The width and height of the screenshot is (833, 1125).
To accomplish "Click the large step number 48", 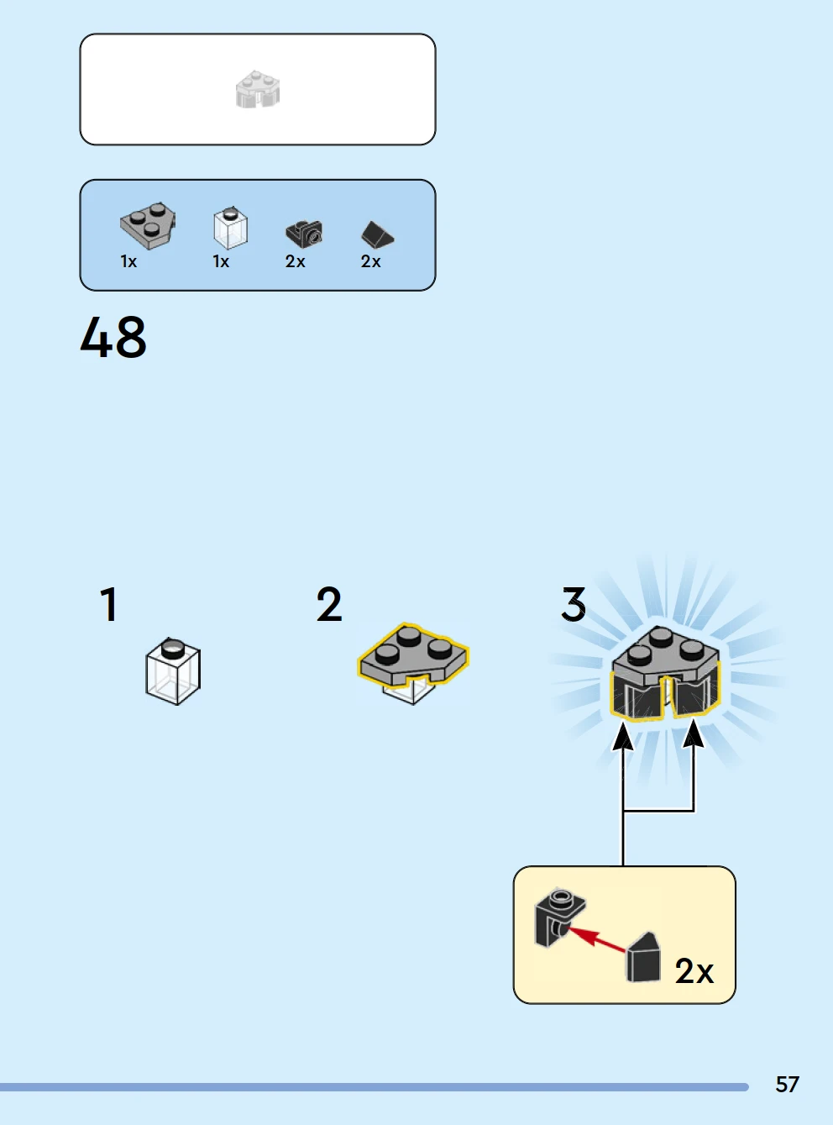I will pyautogui.click(x=113, y=338).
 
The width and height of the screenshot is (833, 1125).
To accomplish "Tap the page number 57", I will pyautogui.click(x=787, y=1084).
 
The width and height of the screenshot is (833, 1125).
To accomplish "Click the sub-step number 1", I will pyautogui.click(x=108, y=604).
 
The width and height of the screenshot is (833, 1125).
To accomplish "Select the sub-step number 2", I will pyautogui.click(x=329, y=605).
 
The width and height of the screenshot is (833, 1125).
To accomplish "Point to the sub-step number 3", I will pyautogui.click(x=574, y=605).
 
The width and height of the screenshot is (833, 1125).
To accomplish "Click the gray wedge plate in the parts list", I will pyautogui.click(x=148, y=224).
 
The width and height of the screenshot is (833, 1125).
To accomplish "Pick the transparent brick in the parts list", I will pyautogui.click(x=230, y=228).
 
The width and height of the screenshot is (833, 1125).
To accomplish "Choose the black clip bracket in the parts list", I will pyautogui.click(x=304, y=234).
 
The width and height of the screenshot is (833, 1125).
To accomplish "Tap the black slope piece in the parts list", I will pyautogui.click(x=377, y=234).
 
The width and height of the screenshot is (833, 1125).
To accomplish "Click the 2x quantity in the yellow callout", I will pyautogui.click(x=694, y=971).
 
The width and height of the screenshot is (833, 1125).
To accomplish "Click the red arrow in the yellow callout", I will pyautogui.click(x=597, y=938).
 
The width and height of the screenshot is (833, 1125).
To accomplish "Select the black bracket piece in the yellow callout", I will pyautogui.click(x=556, y=915).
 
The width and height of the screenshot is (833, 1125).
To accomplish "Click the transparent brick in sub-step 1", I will pyautogui.click(x=173, y=672).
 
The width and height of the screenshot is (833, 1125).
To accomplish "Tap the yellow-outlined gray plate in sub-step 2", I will pyautogui.click(x=412, y=654).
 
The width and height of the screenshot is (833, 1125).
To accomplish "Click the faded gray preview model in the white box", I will pyautogui.click(x=258, y=90).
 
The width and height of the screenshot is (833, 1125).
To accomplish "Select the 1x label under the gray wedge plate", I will pyautogui.click(x=128, y=261).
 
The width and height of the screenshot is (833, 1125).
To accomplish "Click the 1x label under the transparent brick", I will pyautogui.click(x=221, y=261).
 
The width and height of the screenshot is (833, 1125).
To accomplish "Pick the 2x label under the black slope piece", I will pyautogui.click(x=370, y=261).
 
